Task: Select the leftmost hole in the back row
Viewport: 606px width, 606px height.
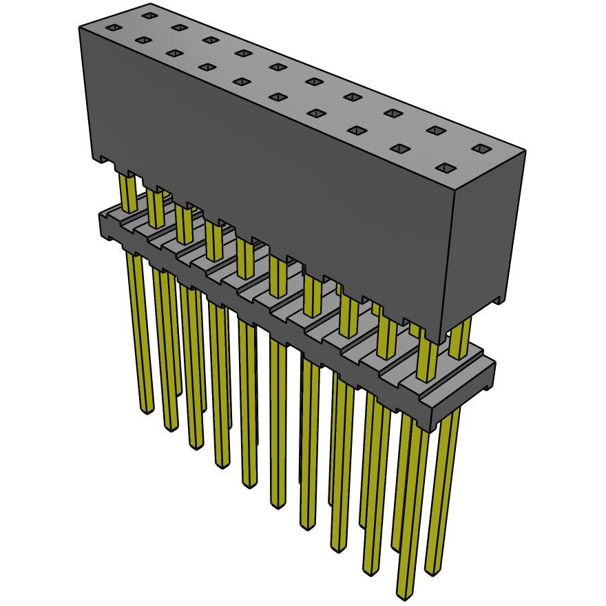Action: point(149,15)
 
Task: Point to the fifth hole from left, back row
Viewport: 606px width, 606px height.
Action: point(278,67)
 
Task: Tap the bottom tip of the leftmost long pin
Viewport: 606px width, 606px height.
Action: point(146,410)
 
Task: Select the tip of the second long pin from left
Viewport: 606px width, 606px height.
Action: point(170,427)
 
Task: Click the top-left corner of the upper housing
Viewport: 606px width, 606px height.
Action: point(81,26)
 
